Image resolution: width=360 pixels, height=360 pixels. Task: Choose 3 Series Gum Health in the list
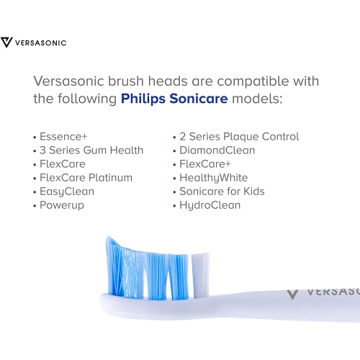[x=90, y=150]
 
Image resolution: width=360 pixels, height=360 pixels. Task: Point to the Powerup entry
[x=61, y=205]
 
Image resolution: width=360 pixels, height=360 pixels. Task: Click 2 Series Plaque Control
[x=238, y=137]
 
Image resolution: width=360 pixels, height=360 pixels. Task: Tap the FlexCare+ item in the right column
[x=206, y=164]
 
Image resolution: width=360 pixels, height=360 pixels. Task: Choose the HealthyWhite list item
[x=213, y=178]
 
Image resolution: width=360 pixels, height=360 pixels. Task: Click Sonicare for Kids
[x=221, y=192]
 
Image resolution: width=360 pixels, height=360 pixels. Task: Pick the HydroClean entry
[x=210, y=205]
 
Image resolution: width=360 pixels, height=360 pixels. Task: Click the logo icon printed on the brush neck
[x=292, y=293]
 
